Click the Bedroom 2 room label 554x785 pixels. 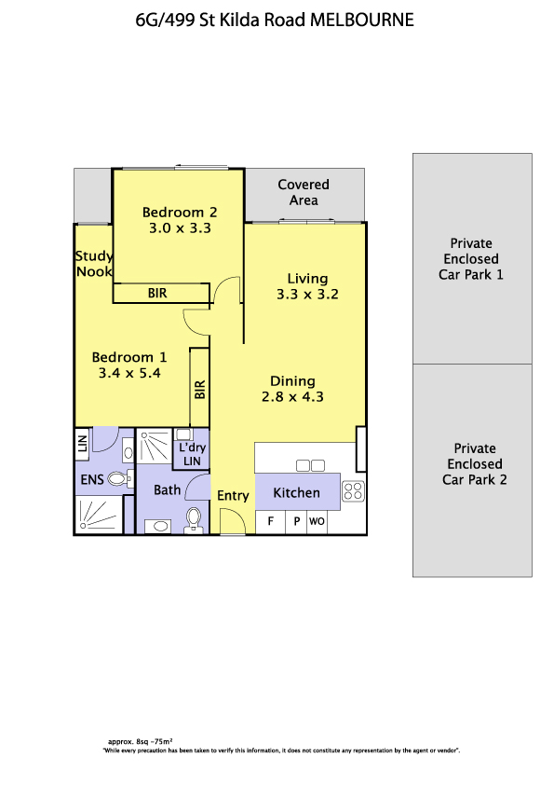(x=180, y=213)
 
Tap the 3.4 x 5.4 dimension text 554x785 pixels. (x=129, y=373)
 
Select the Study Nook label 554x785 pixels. (x=94, y=264)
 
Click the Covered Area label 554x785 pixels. (x=304, y=192)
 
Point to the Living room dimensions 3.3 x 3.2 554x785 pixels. (x=307, y=294)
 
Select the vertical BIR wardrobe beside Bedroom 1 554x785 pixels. (x=199, y=388)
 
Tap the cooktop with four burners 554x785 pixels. (x=354, y=491)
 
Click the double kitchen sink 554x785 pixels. (x=310, y=465)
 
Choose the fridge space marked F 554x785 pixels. (x=271, y=522)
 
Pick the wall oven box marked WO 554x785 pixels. (x=317, y=522)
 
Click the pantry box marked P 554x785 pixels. (x=296, y=522)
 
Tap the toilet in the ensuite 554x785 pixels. (x=120, y=479)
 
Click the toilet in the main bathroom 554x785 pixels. (x=194, y=520)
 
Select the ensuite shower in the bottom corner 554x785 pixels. (x=99, y=515)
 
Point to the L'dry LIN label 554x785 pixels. (x=192, y=454)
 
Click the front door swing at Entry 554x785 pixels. (x=233, y=520)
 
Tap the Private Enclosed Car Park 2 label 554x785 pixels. (x=475, y=464)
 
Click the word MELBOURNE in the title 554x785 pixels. (x=362, y=20)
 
